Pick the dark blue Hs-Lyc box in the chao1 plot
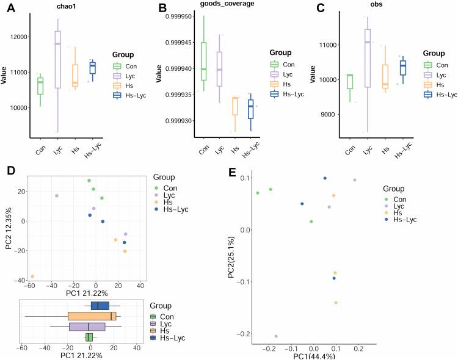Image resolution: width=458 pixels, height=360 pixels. (x=92, y=68)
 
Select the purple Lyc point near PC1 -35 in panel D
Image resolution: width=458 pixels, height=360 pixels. (x=57, y=196)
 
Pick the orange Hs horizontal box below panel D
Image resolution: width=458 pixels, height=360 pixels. (x=92, y=316)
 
